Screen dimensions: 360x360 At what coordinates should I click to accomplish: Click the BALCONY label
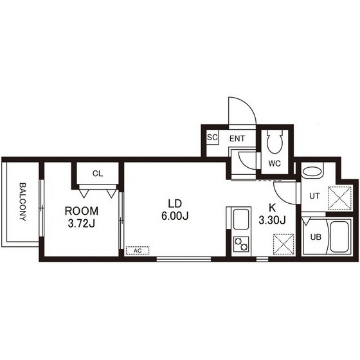[x=22, y=202]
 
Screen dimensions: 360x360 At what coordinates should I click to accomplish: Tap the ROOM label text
[x=82, y=212]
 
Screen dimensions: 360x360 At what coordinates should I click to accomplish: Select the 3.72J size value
[x=82, y=224]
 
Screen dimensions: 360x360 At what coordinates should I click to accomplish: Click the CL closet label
[x=98, y=174]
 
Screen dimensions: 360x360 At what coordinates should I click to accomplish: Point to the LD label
[x=175, y=204]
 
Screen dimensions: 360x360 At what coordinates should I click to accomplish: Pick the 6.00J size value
[x=175, y=216]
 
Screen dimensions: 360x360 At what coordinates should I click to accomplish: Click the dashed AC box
[x=138, y=251]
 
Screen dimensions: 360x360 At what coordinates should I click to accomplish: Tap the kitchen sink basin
[x=241, y=219]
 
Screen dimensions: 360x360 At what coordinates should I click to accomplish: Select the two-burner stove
[x=241, y=244]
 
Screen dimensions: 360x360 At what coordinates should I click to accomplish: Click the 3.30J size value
[x=273, y=221]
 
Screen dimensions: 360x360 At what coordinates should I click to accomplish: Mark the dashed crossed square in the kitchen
[x=283, y=244]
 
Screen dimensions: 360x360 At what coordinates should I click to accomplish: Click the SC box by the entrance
[x=212, y=138]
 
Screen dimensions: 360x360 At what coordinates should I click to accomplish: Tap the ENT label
[x=237, y=139]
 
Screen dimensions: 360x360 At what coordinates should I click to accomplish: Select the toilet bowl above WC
[x=274, y=141]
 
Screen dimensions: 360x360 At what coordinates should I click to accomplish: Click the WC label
[x=274, y=163]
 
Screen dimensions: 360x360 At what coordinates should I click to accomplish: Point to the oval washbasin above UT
[x=312, y=172]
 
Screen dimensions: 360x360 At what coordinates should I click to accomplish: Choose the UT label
[x=314, y=196]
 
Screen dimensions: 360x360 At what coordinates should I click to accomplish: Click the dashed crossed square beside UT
[x=339, y=198]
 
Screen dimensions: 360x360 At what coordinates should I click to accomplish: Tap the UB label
[x=316, y=237]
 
